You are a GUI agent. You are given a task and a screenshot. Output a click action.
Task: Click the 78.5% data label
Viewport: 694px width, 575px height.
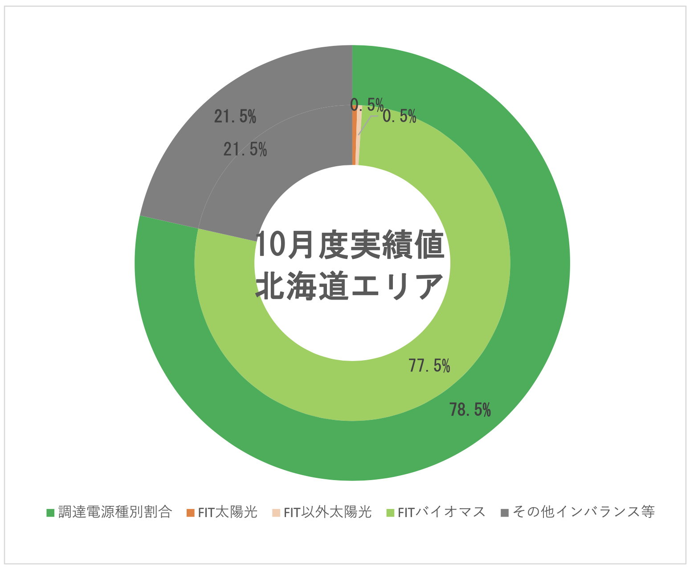(470, 410)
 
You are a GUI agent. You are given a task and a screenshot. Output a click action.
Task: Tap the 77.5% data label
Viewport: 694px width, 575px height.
(429, 366)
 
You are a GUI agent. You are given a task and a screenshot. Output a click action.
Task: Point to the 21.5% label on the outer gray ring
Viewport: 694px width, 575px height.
(235, 117)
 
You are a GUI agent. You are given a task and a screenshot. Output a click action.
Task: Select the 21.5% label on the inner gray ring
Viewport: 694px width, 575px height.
(245, 150)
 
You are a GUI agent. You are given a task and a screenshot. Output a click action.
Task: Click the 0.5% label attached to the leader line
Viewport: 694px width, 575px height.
(400, 117)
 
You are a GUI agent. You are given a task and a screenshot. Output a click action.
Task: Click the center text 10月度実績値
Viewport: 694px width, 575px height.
(351, 245)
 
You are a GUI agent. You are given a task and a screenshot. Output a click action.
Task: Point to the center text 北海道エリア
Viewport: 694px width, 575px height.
(350, 286)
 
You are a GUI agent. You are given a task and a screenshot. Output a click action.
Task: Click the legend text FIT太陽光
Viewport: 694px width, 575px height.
(228, 512)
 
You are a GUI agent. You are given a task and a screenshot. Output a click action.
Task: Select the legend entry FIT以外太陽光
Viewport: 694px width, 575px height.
(327, 512)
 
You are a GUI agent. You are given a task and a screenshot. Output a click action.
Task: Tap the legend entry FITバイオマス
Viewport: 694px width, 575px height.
(441, 512)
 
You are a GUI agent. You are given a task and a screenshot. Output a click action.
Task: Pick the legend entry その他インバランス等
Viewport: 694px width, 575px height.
(584, 512)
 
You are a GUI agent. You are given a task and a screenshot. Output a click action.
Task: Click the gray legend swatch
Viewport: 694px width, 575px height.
(504, 513)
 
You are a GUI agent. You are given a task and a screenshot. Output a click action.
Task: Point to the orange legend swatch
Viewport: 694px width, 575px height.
(191, 513)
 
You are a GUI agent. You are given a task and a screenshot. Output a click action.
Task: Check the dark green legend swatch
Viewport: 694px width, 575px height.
(50, 513)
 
